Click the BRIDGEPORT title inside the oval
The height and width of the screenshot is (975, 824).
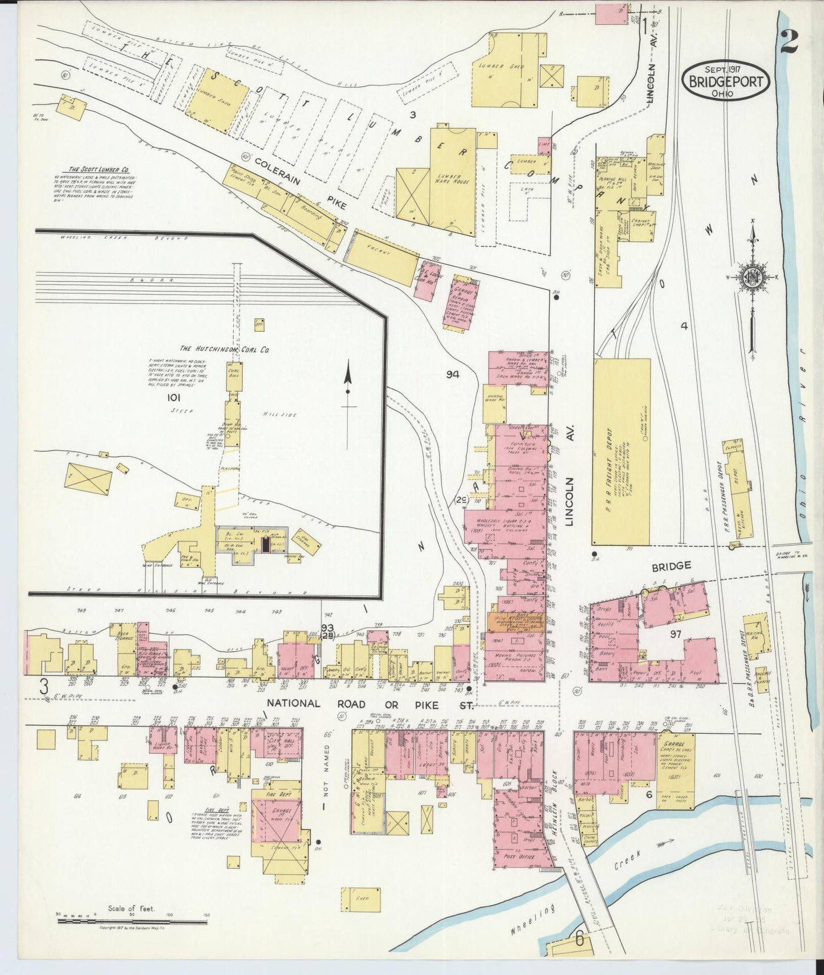click(726, 81)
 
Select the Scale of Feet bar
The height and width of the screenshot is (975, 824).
click(132, 920)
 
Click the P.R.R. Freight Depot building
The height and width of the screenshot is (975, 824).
click(622, 452)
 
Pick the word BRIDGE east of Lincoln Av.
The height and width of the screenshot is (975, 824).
click(671, 566)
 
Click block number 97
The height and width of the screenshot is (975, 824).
click(676, 634)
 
